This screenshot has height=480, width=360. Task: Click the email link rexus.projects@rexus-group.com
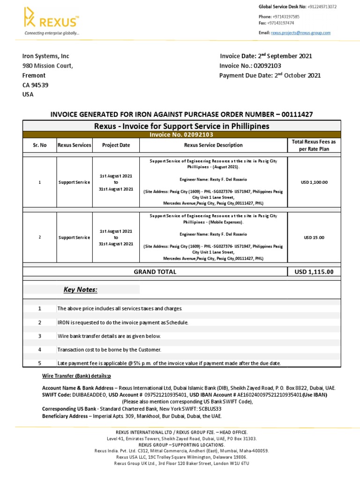click(x=301, y=33)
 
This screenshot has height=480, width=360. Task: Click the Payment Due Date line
click(x=270, y=75)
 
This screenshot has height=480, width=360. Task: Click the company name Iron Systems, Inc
click(x=46, y=56)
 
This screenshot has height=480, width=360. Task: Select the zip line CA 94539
click(x=35, y=85)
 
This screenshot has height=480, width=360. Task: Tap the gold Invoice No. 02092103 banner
click(x=181, y=135)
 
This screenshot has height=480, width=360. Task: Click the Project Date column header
click(x=116, y=145)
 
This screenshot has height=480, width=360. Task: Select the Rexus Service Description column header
click(x=213, y=145)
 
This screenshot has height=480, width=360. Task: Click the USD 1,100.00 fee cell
click(x=314, y=182)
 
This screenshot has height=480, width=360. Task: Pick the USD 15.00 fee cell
click(x=314, y=238)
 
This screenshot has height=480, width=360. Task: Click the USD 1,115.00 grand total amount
click(x=314, y=272)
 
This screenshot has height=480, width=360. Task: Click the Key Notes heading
click(x=80, y=290)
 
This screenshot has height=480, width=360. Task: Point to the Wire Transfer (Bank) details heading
click(x=76, y=376)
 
